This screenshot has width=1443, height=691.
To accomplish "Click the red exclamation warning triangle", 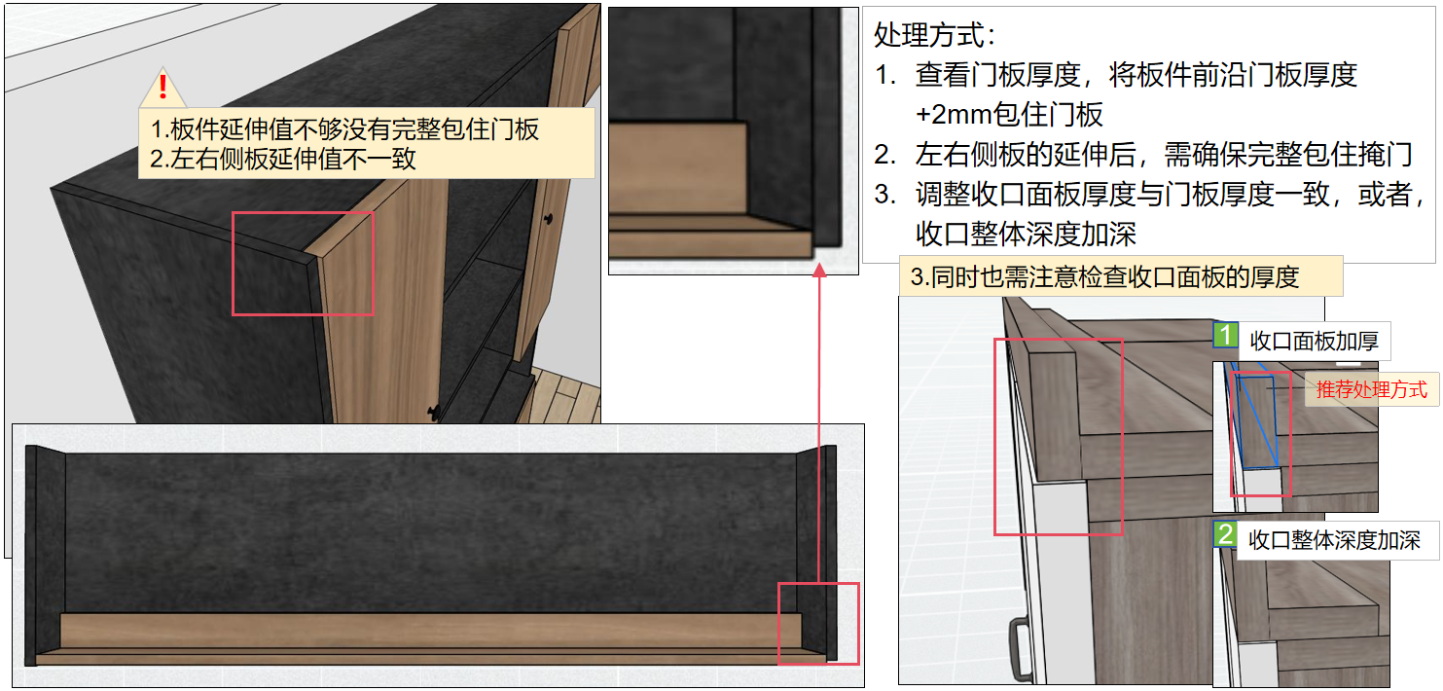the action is click(x=162, y=88).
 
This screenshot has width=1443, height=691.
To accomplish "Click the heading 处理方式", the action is click(x=928, y=35).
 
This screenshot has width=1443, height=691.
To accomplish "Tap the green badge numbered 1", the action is click(x=1225, y=335).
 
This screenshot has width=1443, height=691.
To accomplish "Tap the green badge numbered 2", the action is click(x=1225, y=534).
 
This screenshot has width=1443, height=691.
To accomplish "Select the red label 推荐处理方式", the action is click(x=1372, y=390).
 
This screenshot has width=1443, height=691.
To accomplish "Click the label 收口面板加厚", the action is click(x=1315, y=341).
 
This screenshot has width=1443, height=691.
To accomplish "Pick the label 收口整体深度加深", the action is click(x=1334, y=540).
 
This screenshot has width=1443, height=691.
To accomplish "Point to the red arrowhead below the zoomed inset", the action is click(x=819, y=271).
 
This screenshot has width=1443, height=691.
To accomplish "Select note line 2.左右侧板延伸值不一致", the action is click(x=283, y=159).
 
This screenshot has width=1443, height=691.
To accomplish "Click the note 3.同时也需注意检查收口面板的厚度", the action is click(x=1104, y=277).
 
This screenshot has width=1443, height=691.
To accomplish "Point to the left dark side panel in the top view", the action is click(x=45, y=555).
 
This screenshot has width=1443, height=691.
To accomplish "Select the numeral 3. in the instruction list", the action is click(x=884, y=194).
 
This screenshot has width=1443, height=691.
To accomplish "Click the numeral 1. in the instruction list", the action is click(x=884, y=75).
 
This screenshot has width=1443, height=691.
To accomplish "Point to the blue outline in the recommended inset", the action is click(x=1256, y=419).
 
